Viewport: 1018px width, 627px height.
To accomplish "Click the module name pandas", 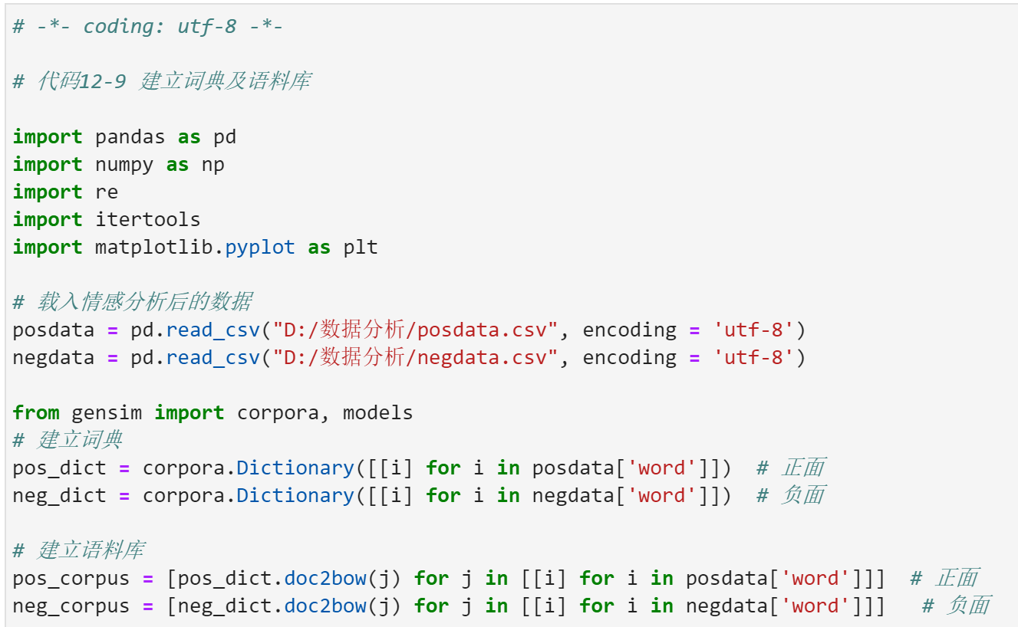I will (130, 137).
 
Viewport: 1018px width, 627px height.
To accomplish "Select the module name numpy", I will (124, 165).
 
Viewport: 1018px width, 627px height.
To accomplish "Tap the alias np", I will (212, 165).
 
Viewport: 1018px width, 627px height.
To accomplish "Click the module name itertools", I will (147, 220).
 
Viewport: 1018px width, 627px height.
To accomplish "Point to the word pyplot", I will (260, 248).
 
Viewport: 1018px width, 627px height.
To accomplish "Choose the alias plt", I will (361, 248).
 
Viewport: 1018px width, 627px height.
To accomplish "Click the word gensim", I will (107, 413).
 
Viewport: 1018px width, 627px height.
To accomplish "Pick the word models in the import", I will (377, 413).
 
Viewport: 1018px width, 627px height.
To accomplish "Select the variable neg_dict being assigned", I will (59, 496).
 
